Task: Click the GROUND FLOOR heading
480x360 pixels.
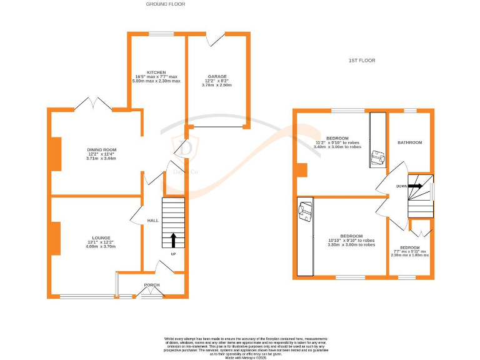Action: click(x=165, y=4)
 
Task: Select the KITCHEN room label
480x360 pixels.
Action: click(x=156, y=72)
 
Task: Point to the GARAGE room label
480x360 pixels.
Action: click(x=217, y=77)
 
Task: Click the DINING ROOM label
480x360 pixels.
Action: click(x=101, y=150)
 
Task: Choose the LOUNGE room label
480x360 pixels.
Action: click(x=101, y=238)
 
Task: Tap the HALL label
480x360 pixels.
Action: click(x=152, y=221)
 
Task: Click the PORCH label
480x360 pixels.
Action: click(x=151, y=285)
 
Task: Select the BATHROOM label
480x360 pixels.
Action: click(x=409, y=142)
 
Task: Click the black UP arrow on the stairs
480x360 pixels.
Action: click(x=173, y=241)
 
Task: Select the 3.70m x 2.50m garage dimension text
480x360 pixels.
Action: click(x=217, y=86)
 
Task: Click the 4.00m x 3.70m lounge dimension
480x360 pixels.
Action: click(x=101, y=247)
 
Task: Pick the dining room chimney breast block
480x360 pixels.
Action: click(x=56, y=154)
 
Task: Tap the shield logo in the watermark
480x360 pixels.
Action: click(x=185, y=148)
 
